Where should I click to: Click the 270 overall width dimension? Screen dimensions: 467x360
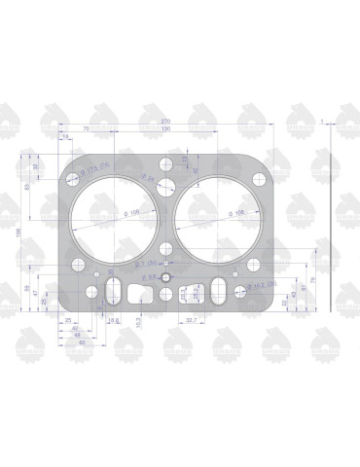pyautogui.click(x=165, y=122)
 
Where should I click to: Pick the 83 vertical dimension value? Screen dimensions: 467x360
pyautogui.click(x=29, y=188)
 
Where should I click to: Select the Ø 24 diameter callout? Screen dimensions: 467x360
pyautogui.click(x=148, y=178)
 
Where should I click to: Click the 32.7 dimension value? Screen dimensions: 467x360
pyautogui.click(x=191, y=320)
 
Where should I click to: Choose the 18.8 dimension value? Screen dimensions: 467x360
pyautogui.click(x=113, y=320)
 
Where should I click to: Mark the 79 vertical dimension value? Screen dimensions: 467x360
pyautogui.click(x=313, y=280)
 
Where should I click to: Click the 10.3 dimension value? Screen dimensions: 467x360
pyautogui.click(x=138, y=320)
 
